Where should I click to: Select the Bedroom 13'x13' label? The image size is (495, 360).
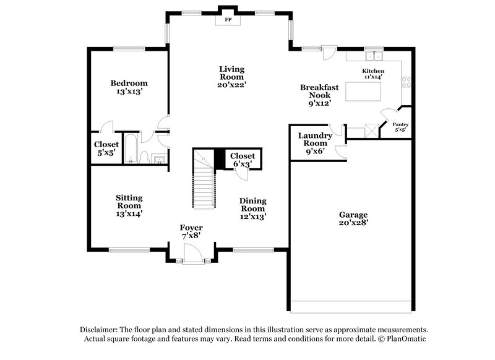pos(129,87)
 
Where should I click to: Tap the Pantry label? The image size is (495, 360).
pos(401,127)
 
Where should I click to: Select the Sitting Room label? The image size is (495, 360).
pos(129,205)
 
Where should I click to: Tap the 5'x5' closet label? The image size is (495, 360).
pos(106,148)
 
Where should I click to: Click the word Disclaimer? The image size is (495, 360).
pos(100,330)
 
